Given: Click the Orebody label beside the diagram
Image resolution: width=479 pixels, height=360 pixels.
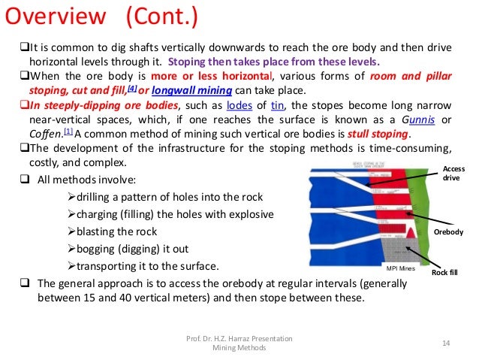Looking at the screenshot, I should point(448,233).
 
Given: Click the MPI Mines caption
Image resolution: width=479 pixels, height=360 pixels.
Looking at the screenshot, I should point(400,268).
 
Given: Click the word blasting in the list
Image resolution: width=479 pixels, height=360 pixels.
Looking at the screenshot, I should point(102,231).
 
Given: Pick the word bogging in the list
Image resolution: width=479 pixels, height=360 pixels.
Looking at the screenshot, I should point(101,248).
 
